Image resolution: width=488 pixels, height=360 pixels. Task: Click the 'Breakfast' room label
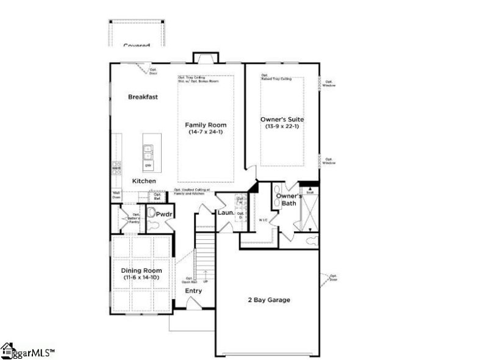click(143, 97)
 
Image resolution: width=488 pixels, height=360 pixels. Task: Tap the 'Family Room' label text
click(206, 125)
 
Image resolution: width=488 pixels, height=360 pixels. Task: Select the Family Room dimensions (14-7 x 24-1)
click(206, 132)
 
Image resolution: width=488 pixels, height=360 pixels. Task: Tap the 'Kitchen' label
click(144, 181)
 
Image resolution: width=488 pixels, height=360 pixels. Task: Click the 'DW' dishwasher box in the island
click(148, 165)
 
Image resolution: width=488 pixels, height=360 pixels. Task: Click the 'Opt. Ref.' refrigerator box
click(157, 197)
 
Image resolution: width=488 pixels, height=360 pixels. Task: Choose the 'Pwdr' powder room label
click(163, 215)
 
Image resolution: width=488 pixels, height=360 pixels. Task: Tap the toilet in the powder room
click(151, 215)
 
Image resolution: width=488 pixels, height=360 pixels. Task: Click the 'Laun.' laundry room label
click(226, 212)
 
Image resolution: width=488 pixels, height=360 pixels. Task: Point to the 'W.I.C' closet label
click(264, 220)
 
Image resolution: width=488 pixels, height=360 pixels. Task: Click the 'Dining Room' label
click(142, 271)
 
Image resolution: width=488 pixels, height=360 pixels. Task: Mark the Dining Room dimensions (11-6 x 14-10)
click(142, 278)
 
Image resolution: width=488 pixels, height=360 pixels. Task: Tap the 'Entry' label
click(194, 290)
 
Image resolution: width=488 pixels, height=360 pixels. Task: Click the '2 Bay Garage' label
click(268, 300)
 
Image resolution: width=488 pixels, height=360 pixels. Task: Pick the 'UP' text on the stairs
click(206, 281)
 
